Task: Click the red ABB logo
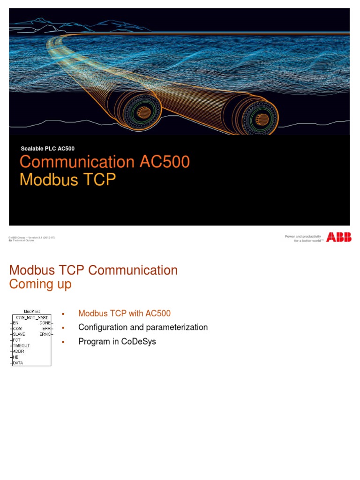(x=338, y=238)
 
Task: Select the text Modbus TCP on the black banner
(x=67, y=180)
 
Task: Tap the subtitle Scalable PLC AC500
(x=47, y=149)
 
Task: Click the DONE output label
(x=45, y=323)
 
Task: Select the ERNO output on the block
(x=45, y=334)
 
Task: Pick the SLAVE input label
(x=20, y=334)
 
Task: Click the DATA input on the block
(x=19, y=362)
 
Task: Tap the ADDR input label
(x=19, y=351)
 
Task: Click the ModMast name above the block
(x=32, y=312)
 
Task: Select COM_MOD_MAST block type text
(x=32, y=317)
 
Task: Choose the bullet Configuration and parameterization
(x=143, y=327)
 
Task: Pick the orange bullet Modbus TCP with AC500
(x=124, y=313)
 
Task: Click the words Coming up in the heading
(x=40, y=285)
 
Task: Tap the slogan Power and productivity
(x=303, y=236)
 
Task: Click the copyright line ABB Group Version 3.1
(x=33, y=237)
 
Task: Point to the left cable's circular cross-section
(x=140, y=112)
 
